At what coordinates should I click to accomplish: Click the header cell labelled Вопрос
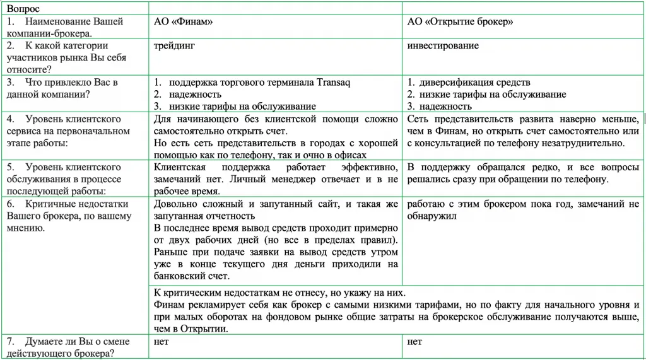[22, 8]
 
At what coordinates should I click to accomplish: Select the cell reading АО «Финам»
[184, 21]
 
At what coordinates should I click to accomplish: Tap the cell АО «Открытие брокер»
[460, 21]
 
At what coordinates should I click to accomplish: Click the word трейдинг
[175, 45]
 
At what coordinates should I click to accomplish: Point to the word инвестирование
[443, 45]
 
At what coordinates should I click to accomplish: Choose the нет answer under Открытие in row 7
[414, 342]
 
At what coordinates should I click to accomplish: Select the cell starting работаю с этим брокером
[523, 210]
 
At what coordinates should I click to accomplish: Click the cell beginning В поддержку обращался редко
[523, 173]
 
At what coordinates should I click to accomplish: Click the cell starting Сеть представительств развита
[523, 131]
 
